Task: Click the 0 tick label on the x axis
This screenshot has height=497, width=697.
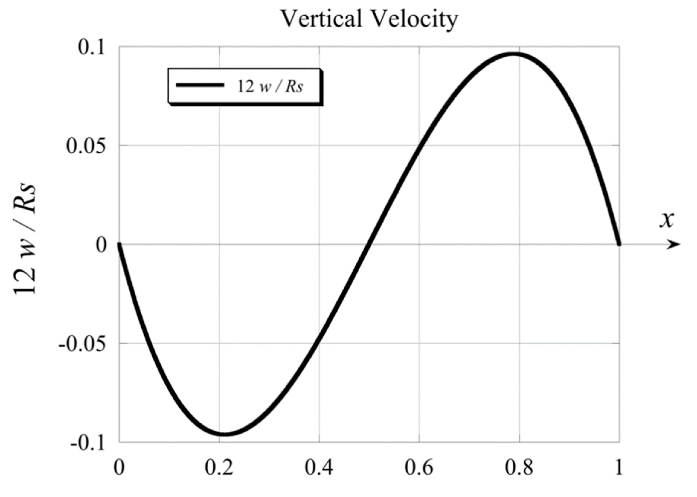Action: [x=119, y=468]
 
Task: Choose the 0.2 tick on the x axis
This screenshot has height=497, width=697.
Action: [x=219, y=468]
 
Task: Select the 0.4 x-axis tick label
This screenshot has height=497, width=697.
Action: [x=319, y=468]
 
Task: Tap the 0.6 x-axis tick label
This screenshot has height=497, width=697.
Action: [x=419, y=468]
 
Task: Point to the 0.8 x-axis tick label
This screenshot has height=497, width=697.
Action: [x=519, y=468]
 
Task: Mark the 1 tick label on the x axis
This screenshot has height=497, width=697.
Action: [x=619, y=468]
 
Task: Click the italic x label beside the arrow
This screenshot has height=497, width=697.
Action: [x=666, y=219]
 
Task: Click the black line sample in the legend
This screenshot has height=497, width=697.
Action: [x=200, y=85]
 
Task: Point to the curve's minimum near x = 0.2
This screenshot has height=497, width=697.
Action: [x=225, y=434]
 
